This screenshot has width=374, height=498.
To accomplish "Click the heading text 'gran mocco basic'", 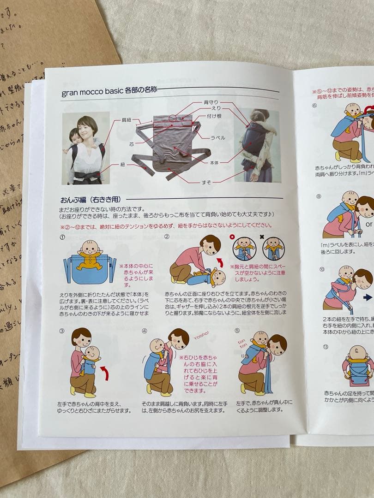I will pos(92,92).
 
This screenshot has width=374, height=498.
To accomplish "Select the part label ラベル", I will pos(217,137).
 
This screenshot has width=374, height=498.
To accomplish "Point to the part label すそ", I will pos(206,182).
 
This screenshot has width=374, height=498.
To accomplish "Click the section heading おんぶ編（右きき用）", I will pos(90,200).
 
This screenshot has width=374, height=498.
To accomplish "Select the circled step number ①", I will pos(62,237).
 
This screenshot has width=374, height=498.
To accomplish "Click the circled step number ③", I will pos(62,331).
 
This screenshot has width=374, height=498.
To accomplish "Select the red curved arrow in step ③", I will pos(105,373).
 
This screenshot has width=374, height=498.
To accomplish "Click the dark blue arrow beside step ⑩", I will pos(368,298).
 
